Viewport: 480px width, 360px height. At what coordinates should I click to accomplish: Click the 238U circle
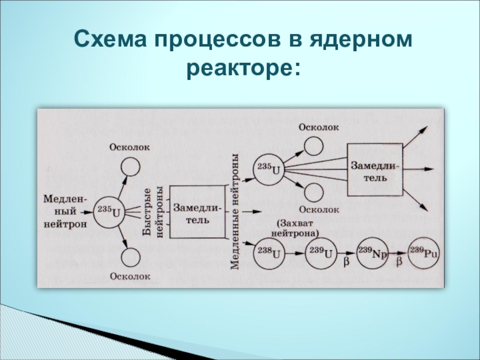[269, 253]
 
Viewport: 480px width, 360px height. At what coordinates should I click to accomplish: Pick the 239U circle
[319, 253]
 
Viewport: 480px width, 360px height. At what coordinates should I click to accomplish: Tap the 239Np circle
[372, 253]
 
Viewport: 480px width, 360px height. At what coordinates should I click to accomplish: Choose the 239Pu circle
[423, 253]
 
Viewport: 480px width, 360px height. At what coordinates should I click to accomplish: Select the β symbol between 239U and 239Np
[345, 263]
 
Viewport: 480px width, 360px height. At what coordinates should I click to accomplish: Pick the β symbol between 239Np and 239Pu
[398, 263]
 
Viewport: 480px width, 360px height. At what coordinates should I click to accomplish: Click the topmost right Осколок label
[319, 127]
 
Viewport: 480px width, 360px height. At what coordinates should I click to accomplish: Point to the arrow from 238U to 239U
[294, 254]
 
